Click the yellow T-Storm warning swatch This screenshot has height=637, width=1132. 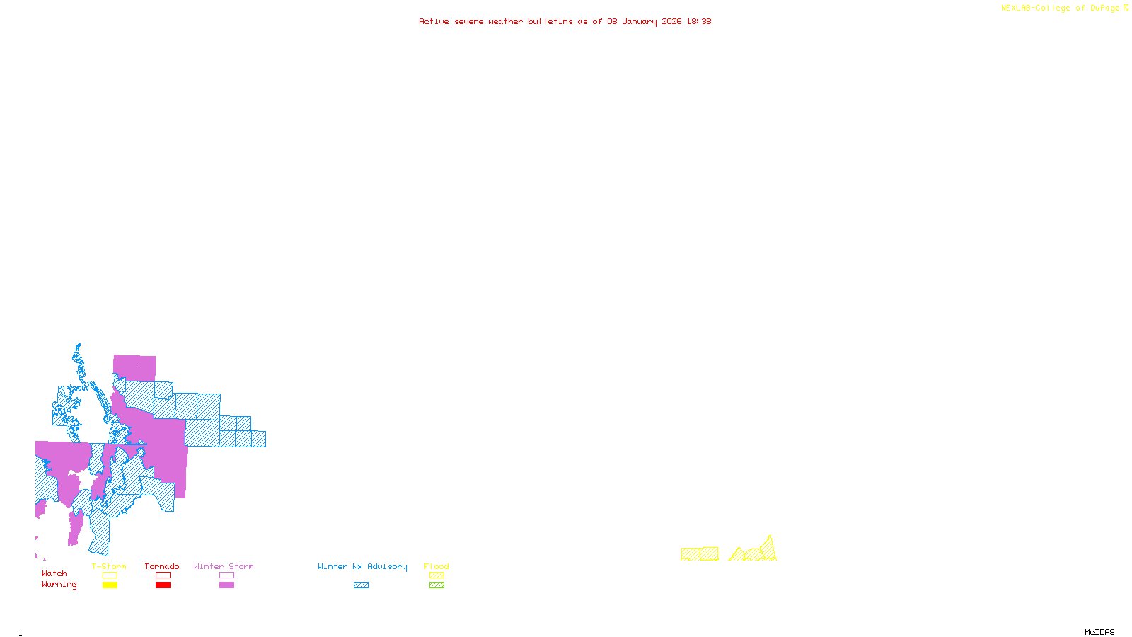(110, 585)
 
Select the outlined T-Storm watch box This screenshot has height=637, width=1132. (110, 575)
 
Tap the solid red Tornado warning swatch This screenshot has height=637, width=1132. (163, 585)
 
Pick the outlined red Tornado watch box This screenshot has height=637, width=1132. (163, 575)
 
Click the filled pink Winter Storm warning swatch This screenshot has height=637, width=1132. (226, 585)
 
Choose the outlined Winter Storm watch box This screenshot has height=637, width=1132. (226, 575)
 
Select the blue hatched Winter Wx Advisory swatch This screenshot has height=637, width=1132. (361, 585)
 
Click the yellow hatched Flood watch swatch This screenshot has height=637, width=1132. (437, 575)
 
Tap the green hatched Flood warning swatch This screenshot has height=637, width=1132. (437, 585)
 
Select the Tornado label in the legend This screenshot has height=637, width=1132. (162, 566)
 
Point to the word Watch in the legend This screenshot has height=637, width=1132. (54, 573)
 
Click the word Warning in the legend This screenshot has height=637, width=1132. (59, 585)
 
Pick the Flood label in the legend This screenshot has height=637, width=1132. (436, 566)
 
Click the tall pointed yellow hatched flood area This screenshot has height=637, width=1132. (768, 549)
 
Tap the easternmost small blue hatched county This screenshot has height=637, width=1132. (258, 439)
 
